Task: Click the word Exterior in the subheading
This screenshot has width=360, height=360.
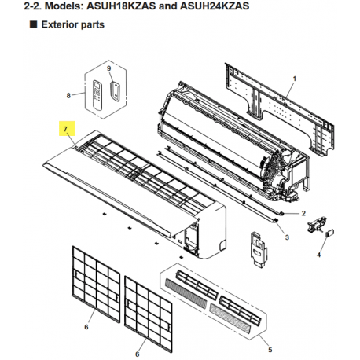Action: click(x=56, y=25)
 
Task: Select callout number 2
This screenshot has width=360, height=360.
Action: click(x=303, y=213)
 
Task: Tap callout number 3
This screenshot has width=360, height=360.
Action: click(x=288, y=237)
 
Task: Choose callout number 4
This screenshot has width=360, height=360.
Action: click(x=320, y=255)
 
